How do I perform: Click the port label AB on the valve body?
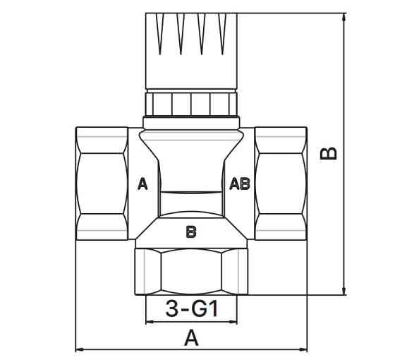[x=240, y=184]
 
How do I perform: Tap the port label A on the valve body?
[x=142, y=184]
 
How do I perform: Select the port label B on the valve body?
[x=191, y=232]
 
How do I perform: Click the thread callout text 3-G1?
[x=191, y=309]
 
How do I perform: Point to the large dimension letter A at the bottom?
[x=191, y=337]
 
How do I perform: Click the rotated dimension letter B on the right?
[x=328, y=153]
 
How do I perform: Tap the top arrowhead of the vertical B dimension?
[x=344, y=17]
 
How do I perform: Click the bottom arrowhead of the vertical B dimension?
[x=344, y=290]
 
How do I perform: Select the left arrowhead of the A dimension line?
[x=80, y=349]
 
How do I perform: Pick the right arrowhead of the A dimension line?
[x=303, y=349]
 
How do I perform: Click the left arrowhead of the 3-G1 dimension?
[x=150, y=322]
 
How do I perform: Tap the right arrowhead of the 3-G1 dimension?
[x=233, y=322]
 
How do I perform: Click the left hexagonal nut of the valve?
[x=102, y=184]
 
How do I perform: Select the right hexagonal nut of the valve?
[x=281, y=184]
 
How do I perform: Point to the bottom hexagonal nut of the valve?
[x=191, y=272]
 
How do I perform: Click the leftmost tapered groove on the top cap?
[x=160, y=33]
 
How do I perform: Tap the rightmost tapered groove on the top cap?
[x=222, y=33]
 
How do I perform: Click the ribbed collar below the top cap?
[x=191, y=104]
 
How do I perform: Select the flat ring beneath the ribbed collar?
[x=191, y=123]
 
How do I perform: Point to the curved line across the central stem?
[x=191, y=193]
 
